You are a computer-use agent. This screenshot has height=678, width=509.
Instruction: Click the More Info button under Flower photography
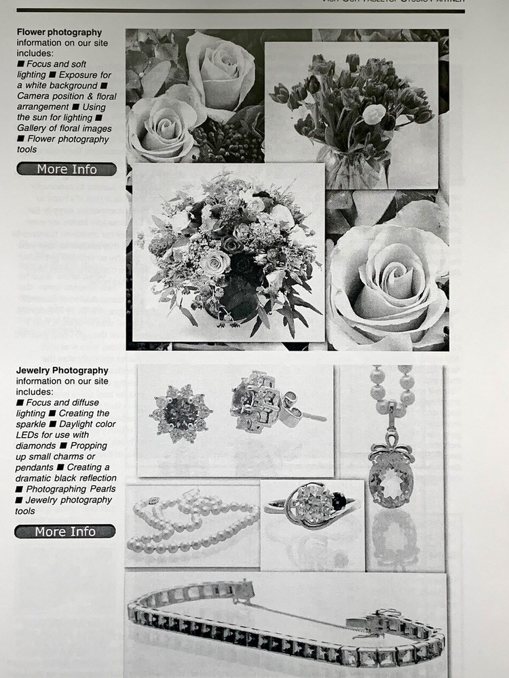pyautogui.click(x=67, y=169)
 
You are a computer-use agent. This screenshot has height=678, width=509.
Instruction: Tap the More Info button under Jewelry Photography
pyautogui.click(x=65, y=532)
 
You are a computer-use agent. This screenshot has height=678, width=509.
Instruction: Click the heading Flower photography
pyautogui.click(x=59, y=32)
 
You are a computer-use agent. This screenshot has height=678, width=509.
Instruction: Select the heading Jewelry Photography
pyautogui.click(x=62, y=370)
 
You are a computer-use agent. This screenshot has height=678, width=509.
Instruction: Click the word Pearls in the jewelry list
pyautogui.click(x=98, y=489)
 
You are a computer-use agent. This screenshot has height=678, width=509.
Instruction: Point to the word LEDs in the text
pyautogui.click(x=29, y=435)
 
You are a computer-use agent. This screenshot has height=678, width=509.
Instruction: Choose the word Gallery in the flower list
pyautogui.click(x=35, y=129)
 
